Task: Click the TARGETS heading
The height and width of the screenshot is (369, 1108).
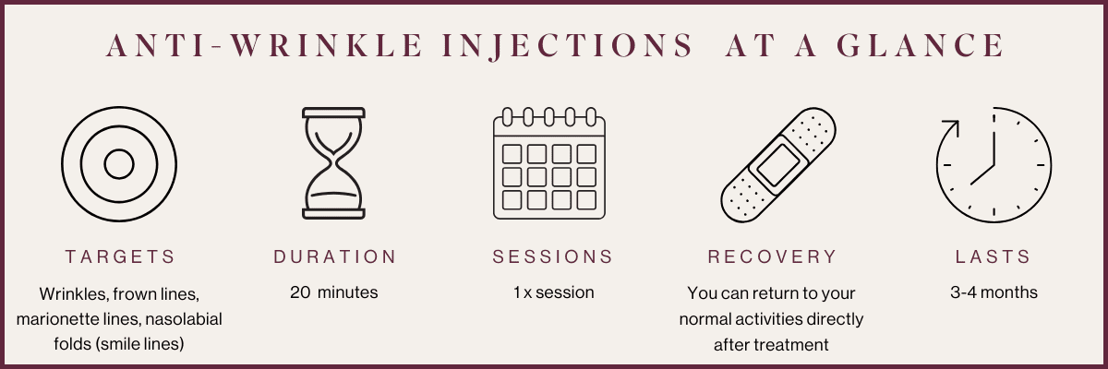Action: [x=119, y=256]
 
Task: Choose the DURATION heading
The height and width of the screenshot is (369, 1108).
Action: [x=335, y=256]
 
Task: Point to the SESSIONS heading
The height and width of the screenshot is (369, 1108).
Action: [x=553, y=256]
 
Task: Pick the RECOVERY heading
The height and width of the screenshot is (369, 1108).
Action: [x=772, y=256]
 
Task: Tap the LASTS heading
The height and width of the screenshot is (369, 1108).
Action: [x=993, y=256]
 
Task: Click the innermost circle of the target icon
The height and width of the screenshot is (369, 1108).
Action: [x=119, y=164]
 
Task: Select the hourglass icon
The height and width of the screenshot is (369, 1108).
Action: [x=334, y=164]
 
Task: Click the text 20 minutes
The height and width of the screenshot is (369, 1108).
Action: [x=334, y=293]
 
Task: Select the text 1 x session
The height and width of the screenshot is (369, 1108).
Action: [x=553, y=293]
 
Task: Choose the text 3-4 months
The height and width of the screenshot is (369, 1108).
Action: [x=994, y=293]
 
